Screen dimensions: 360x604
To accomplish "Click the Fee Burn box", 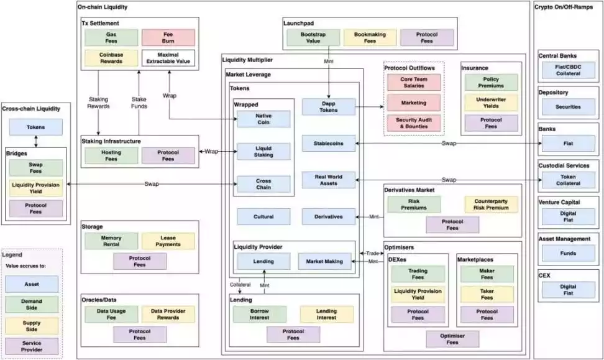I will click(168, 37).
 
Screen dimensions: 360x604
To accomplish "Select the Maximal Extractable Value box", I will click(168, 58).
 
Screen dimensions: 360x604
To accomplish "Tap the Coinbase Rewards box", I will click(111, 58).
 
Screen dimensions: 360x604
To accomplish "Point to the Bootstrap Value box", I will click(313, 38).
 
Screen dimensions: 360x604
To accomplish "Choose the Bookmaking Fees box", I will click(370, 38).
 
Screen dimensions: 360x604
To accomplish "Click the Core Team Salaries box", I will click(414, 82).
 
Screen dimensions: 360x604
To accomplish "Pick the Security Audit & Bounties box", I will click(414, 122).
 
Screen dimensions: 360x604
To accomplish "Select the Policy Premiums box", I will click(491, 83).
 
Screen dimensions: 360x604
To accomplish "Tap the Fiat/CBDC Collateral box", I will click(569, 70).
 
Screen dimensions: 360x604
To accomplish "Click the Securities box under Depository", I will click(569, 107).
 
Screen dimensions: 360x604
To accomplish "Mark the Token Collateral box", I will click(569, 180).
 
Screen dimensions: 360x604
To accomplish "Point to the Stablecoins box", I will click(329, 143).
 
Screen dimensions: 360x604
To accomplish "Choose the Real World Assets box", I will click(329, 180).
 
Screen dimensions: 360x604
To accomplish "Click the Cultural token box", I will click(263, 216).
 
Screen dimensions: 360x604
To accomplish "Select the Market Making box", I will click(324, 261).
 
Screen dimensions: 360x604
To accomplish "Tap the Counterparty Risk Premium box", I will click(491, 205).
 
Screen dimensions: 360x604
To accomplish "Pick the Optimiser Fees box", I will click(452, 339).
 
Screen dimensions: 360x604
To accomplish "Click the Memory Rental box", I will click(111, 241).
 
